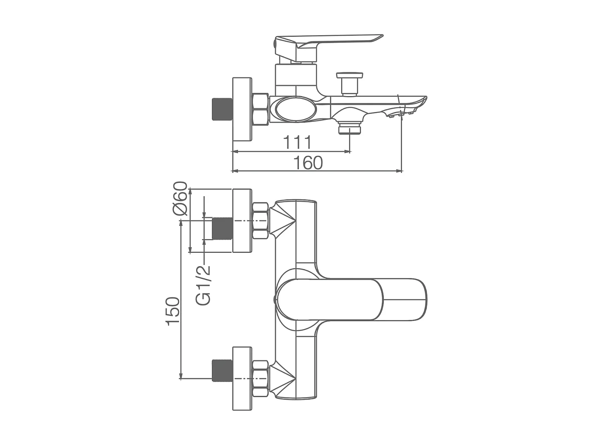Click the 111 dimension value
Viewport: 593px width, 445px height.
297,142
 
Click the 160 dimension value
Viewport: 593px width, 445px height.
308,163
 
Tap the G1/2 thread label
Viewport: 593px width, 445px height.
204,285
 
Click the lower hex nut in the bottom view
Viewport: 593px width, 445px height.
261,379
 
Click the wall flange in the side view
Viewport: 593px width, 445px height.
242,110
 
